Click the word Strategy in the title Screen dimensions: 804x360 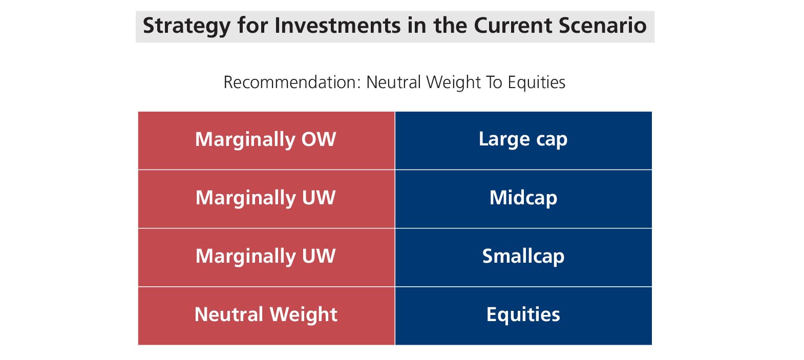click(186, 26)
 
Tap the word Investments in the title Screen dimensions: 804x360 click(337, 26)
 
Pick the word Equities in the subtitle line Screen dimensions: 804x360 click(536, 83)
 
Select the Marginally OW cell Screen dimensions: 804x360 click(266, 140)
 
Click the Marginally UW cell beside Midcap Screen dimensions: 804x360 click(266, 199)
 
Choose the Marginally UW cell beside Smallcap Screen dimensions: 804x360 click(266, 258)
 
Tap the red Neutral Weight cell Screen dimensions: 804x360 click(266, 316)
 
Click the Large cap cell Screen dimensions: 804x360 click(524, 140)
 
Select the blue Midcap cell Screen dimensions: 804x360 click(524, 199)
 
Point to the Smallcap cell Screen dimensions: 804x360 click(524, 258)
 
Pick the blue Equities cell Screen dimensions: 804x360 click(524, 316)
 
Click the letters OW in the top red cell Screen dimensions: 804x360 click(319, 139)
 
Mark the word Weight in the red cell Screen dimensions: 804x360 click(303, 315)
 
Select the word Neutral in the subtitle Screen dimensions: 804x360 click(393, 82)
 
